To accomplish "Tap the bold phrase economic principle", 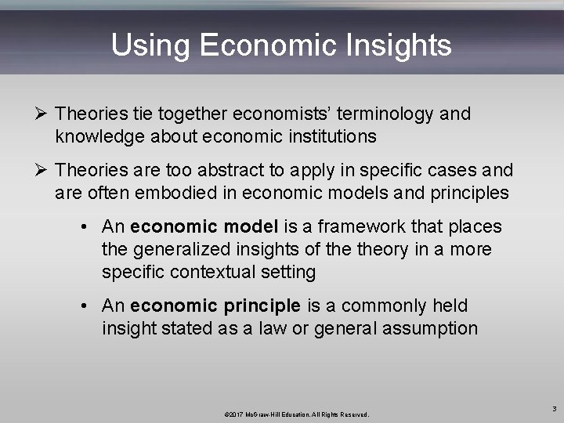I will click(215, 305).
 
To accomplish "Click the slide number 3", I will click(553, 408).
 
